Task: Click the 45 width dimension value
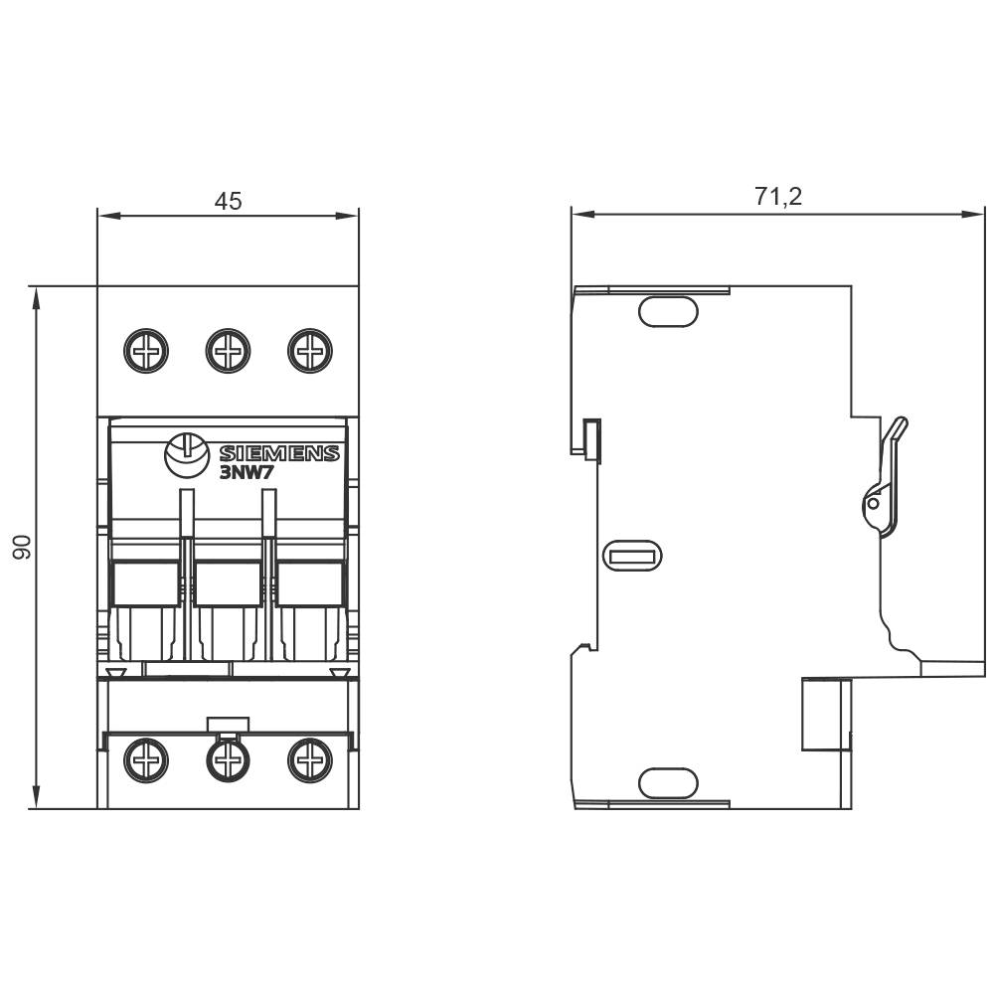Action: coord(228,201)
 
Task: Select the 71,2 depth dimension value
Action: coord(777,197)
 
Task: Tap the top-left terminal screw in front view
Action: coord(146,351)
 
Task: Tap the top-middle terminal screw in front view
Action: coord(228,351)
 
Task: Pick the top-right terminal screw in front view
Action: coord(309,351)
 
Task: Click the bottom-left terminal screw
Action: coord(146,761)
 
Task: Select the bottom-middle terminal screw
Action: coord(228,761)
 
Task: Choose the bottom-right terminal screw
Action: coord(309,761)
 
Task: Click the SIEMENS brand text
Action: coord(278,454)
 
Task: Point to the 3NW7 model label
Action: coord(246,473)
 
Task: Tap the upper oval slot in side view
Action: coord(668,312)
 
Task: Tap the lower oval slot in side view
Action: coord(668,783)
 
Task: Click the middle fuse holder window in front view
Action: coord(228,584)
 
